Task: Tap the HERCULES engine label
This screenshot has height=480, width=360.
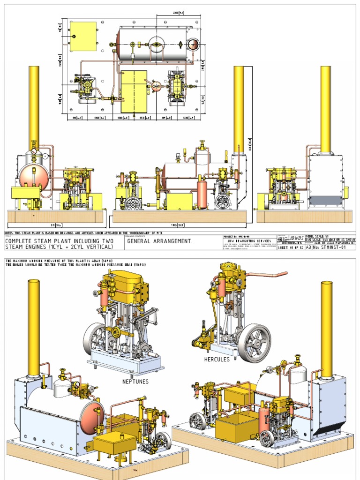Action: (217, 360)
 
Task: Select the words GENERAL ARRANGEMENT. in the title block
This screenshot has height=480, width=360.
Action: (160, 241)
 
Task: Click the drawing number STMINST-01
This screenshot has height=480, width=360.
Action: (331, 248)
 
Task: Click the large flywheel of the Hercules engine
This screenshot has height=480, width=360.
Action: (254, 343)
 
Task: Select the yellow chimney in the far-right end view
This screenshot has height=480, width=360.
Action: (326, 108)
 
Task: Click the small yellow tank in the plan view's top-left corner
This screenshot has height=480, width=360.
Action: (83, 36)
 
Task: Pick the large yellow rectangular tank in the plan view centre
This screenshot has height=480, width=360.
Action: (134, 91)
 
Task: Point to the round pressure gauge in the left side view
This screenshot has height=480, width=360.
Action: (33, 154)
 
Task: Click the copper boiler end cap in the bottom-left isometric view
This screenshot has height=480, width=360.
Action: (92, 417)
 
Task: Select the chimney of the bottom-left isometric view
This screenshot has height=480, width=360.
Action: (33, 328)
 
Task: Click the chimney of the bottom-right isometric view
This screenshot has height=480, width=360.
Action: (327, 330)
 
